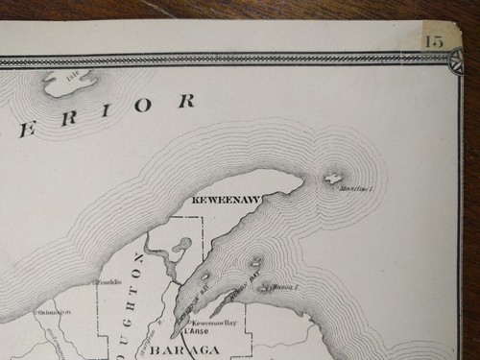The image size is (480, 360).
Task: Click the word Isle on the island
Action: tap(72, 75)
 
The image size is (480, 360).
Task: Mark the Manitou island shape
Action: tap(333, 178)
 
